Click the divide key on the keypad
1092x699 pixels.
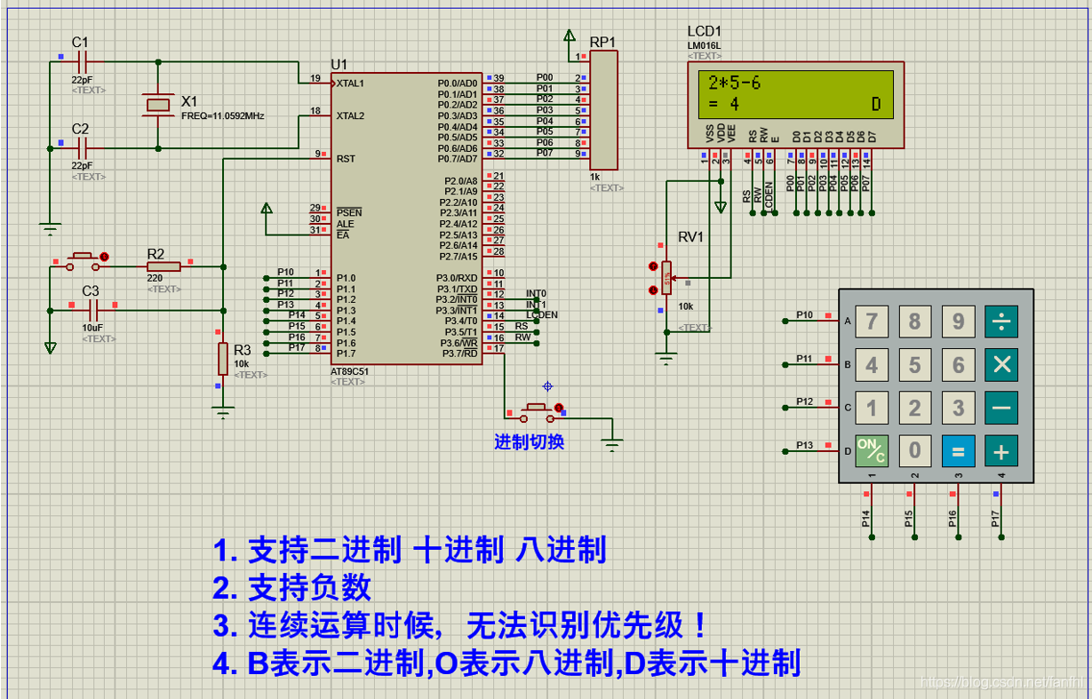[x=1001, y=321]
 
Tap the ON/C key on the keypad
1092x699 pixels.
[x=871, y=451]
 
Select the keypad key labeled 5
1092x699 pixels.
[x=914, y=364]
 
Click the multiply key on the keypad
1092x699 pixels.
[x=1001, y=364]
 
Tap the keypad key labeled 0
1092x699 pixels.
[x=914, y=451]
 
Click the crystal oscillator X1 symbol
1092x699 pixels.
[x=158, y=105]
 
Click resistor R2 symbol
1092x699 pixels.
[x=163, y=265]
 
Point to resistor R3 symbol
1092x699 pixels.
[x=222, y=359]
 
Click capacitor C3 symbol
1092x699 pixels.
[x=93, y=309]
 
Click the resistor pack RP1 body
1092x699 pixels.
[x=603, y=110]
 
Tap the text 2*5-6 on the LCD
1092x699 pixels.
[x=734, y=83]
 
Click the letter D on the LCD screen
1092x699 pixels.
[x=875, y=105]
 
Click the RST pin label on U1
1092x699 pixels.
[x=346, y=159]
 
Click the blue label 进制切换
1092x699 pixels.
[x=529, y=441]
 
